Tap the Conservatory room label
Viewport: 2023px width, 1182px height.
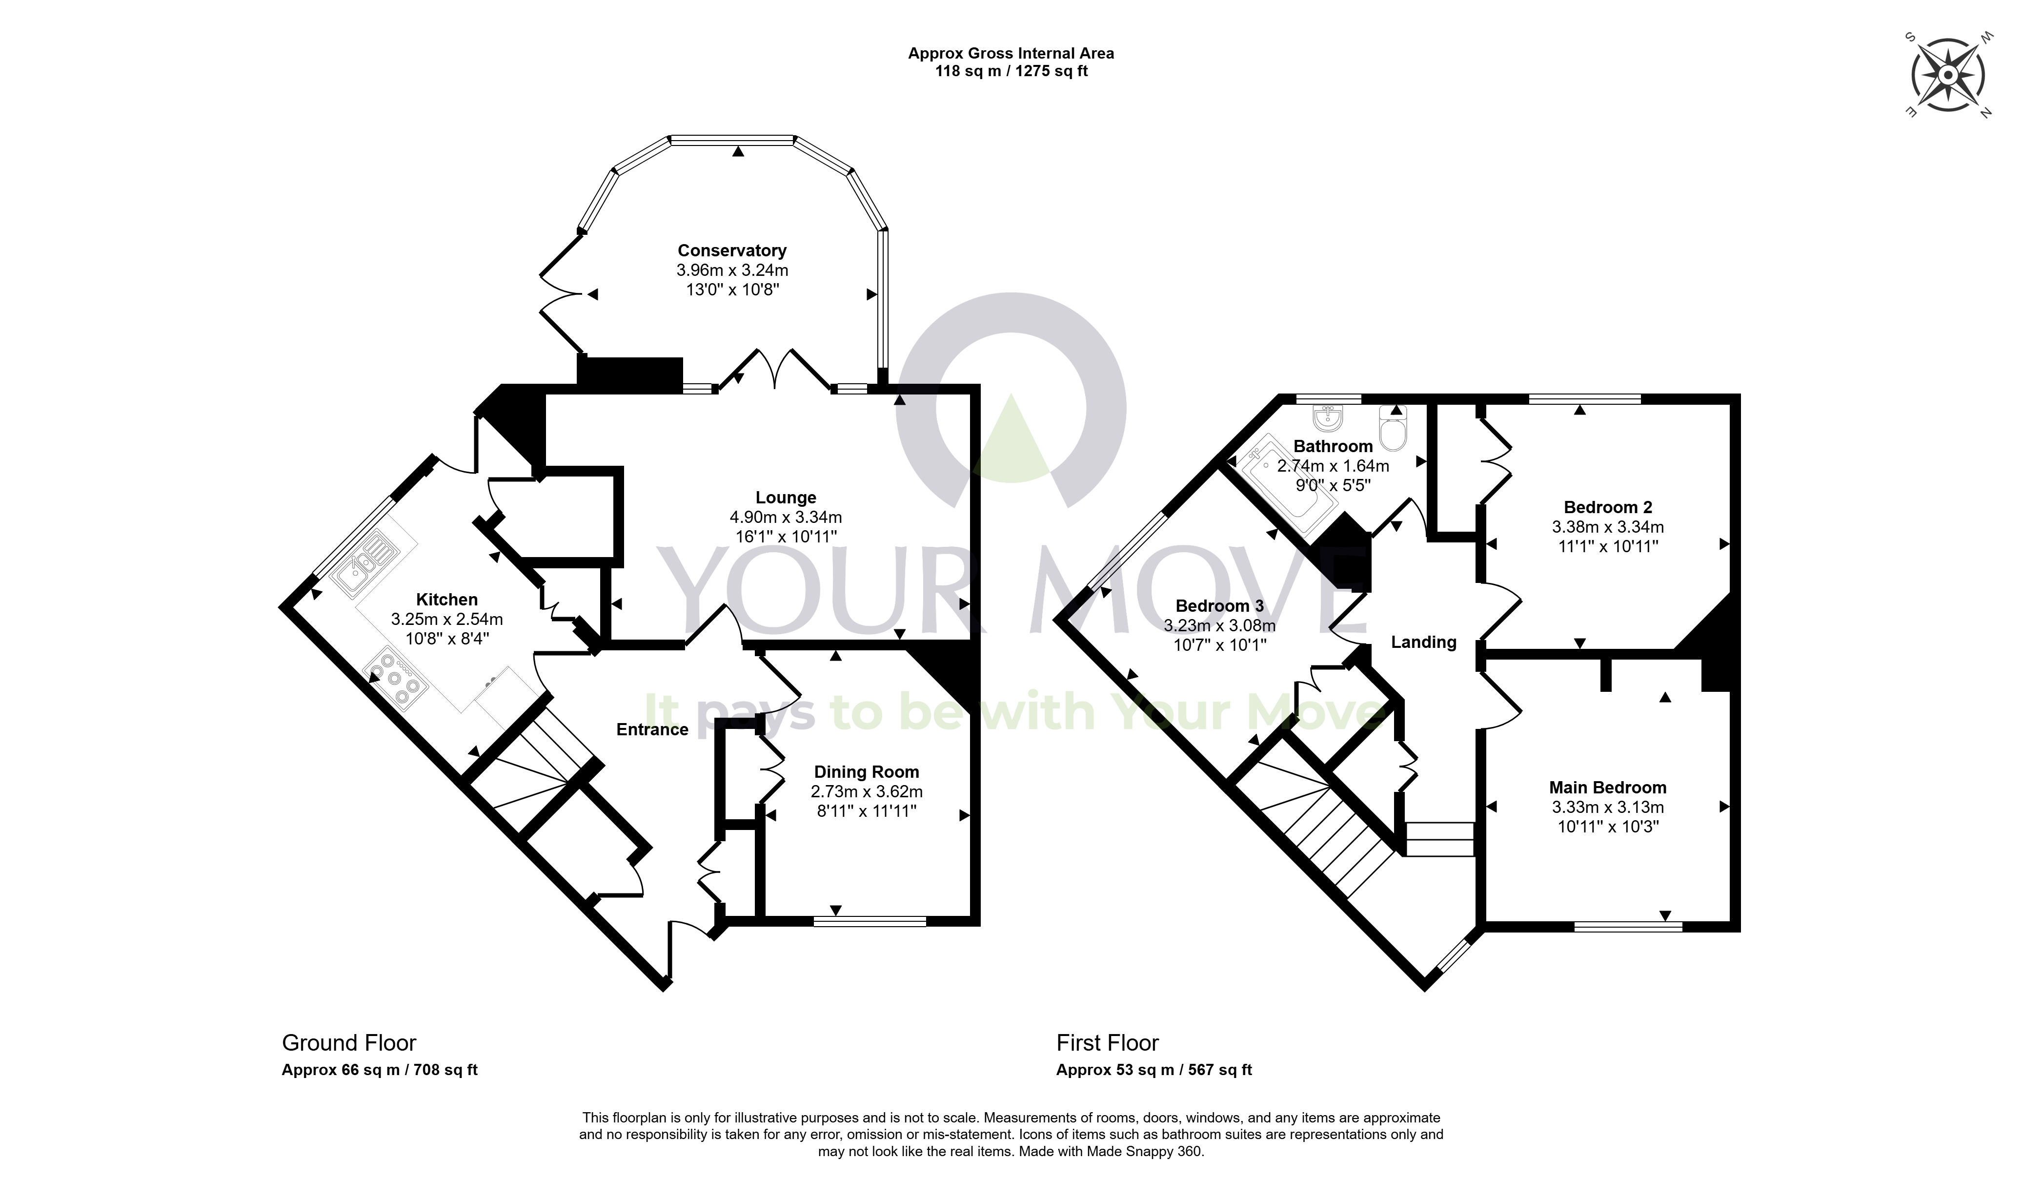pyautogui.click(x=731, y=250)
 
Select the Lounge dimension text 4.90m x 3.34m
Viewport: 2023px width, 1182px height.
pyautogui.click(x=786, y=517)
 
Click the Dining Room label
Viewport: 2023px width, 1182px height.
pyautogui.click(x=866, y=772)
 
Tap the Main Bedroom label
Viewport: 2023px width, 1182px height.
pyautogui.click(x=1607, y=788)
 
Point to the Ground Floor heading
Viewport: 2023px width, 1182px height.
pyautogui.click(x=349, y=1043)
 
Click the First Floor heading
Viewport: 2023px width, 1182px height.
pyautogui.click(x=1107, y=1043)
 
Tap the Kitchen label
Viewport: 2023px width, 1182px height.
pyautogui.click(x=446, y=599)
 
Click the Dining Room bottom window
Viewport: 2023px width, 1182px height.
pyautogui.click(x=870, y=921)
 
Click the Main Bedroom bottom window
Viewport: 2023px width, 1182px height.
pyautogui.click(x=1628, y=927)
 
